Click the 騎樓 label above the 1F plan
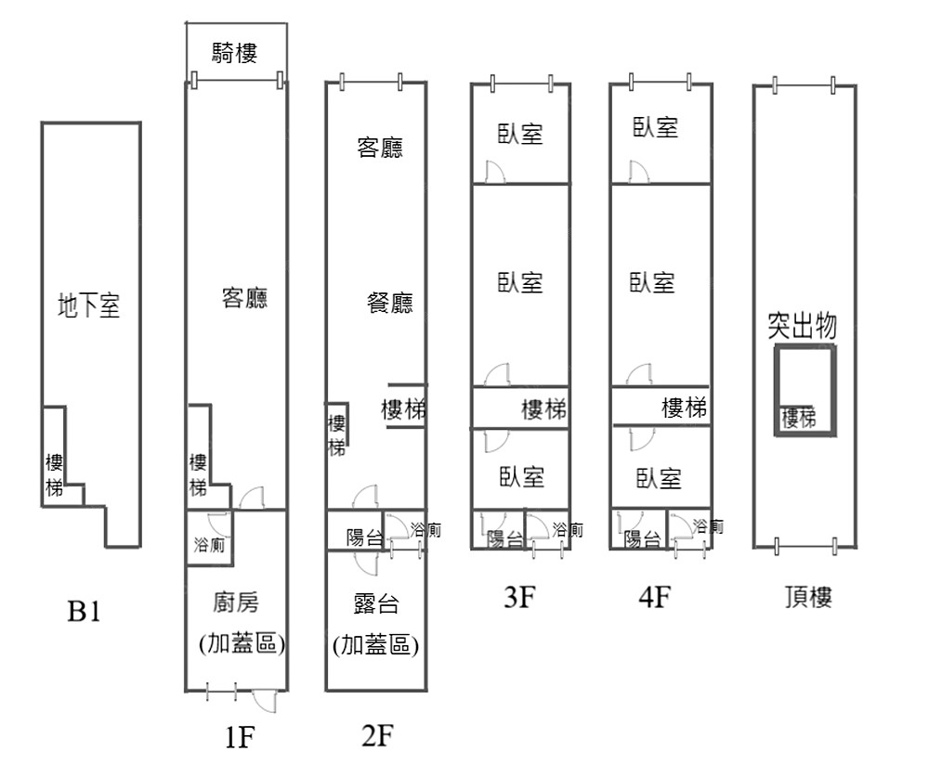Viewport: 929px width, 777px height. click(x=234, y=54)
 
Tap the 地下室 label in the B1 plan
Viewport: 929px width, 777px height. click(x=89, y=305)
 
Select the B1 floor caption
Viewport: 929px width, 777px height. click(x=84, y=613)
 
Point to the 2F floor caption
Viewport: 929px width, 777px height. click(x=378, y=736)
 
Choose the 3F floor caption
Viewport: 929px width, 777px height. click(x=519, y=598)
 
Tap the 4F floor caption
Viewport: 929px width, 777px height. click(x=655, y=598)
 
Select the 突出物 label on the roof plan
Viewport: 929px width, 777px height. click(x=803, y=326)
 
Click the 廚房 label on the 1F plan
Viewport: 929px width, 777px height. click(x=236, y=603)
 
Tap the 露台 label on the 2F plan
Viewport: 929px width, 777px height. click(x=376, y=605)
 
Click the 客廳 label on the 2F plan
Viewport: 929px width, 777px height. click(x=380, y=148)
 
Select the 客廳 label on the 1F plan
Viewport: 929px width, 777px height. click(x=244, y=298)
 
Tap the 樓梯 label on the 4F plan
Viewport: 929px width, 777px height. click(x=684, y=407)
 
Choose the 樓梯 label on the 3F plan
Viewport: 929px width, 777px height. click(x=543, y=408)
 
